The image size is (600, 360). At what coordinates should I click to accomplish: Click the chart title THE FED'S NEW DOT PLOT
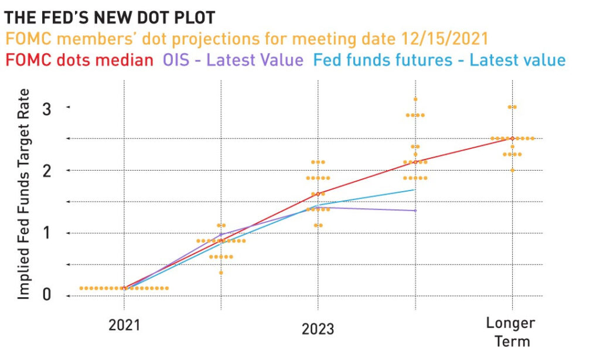pos(110,17)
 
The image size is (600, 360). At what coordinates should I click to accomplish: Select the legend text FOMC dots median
pos(79,60)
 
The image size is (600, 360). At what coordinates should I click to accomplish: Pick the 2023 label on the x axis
pos(318,329)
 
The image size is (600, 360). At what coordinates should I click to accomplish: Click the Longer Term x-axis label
pos(511,332)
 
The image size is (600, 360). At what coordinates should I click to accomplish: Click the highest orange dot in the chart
pos(415,99)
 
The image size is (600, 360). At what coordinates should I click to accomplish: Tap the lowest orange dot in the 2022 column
pos(221,273)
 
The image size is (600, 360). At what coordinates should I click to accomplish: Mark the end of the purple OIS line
pos(415,210)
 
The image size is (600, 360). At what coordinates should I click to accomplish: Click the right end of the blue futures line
pos(415,189)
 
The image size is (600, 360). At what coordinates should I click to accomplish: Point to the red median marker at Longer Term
pos(512,138)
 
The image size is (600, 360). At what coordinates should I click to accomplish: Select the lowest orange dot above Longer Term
pos(512,170)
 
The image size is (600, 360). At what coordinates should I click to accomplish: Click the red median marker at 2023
pos(318,193)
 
